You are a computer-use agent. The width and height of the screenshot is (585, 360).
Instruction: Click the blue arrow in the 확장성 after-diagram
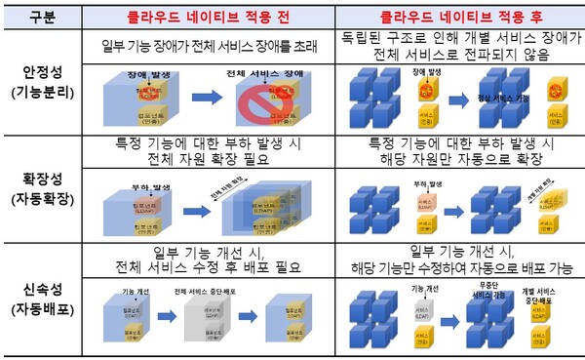click(454, 208)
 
